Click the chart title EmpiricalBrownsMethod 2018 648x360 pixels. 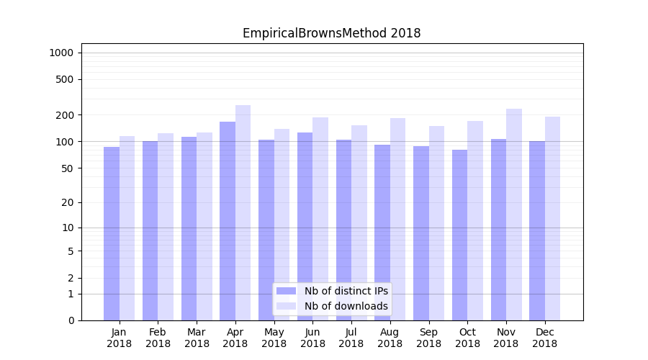click(x=331, y=33)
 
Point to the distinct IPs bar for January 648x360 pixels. click(x=112, y=233)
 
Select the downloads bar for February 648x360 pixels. click(x=166, y=227)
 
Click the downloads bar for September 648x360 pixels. click(x=436, y=223)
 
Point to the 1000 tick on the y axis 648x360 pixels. click(x=61, y=53)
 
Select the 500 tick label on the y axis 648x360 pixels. click(x=64, y=79)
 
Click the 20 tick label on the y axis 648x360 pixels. click(x=67, y=202)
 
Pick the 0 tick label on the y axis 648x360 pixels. click(x=71, y=320)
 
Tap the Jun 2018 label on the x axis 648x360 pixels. click(x=312, y=338)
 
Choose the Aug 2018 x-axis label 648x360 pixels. click(x=390, y=338)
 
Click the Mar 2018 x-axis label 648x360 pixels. click(x=197, y=338)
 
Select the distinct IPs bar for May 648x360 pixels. click(x=266, y=230)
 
